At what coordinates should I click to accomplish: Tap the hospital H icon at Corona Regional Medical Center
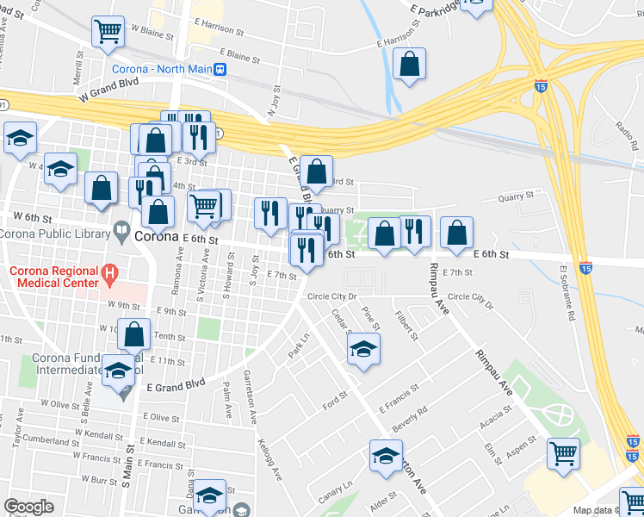coord(109,275)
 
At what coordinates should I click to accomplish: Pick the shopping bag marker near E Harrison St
coord(409,65)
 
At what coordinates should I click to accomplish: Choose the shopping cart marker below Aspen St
coord(563,452)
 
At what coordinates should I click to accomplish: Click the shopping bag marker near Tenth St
coord(134,335)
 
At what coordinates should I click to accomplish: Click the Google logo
coord(29,507)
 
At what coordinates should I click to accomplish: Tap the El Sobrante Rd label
coord(566,293)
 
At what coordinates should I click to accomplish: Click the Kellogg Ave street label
coord(269,461)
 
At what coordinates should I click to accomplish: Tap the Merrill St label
coord(78,65)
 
